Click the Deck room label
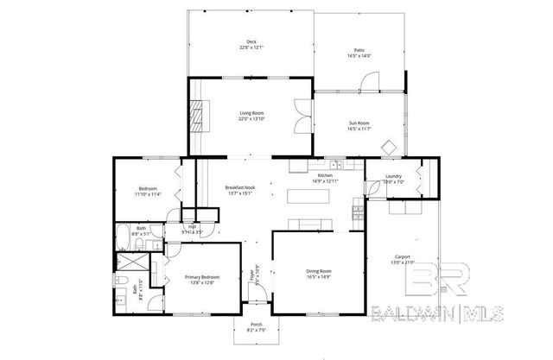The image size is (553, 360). (x=251, y=41)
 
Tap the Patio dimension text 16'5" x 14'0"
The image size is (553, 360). (x=359, y=56)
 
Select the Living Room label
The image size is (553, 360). (x=251, y=113)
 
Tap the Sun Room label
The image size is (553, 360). (x=359, y=123)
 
